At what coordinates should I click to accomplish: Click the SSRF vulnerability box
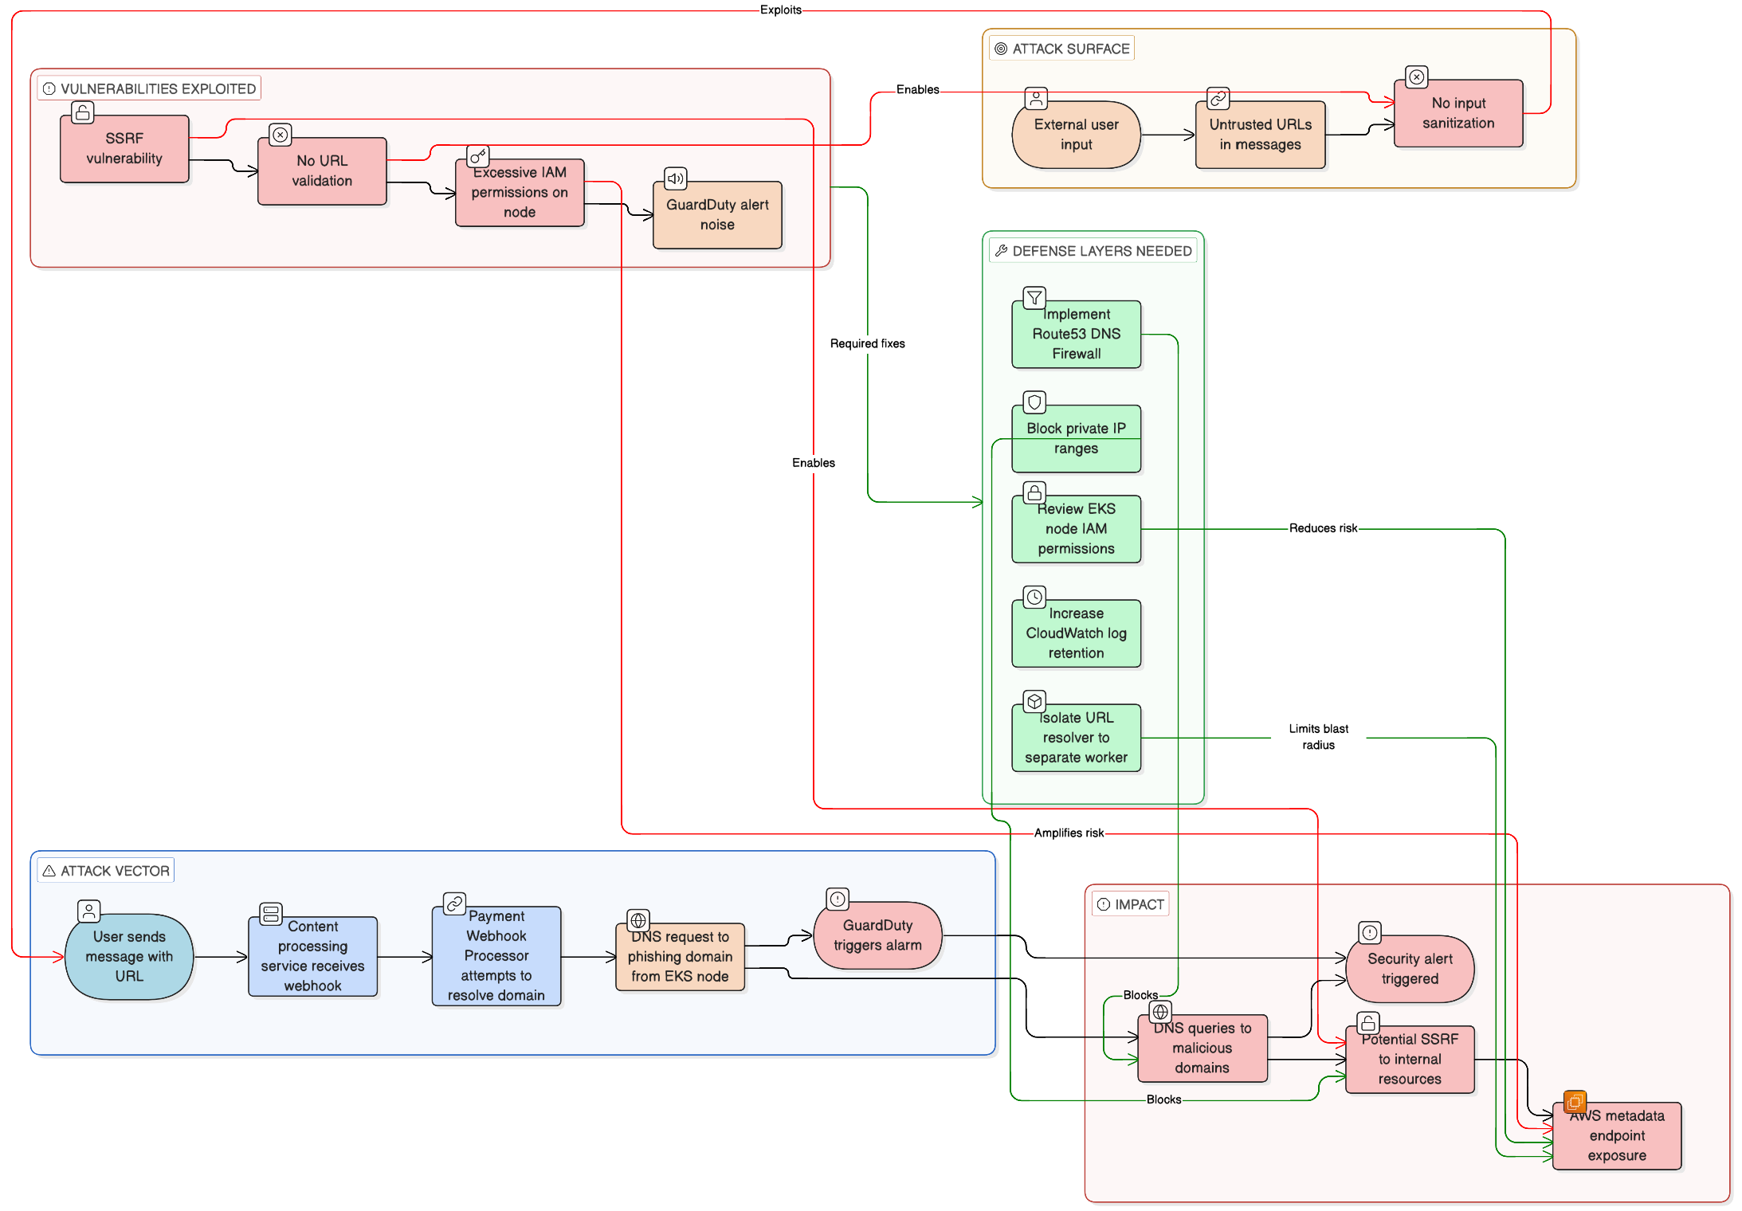coord(124,149)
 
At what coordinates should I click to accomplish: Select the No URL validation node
coord(322,171)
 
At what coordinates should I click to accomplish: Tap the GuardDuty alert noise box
coord(717,215)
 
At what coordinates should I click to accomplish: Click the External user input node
coord(1076,135)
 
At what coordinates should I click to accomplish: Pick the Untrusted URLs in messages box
coord(1260,135)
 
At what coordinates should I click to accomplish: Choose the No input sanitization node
coord(1458,113)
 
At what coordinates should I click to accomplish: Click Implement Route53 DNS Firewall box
coord(1076,335)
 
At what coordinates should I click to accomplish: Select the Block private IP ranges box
coord(1076,439)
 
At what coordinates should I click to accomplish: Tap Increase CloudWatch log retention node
coord(1076,633)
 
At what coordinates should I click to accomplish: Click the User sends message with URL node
coord(129,956)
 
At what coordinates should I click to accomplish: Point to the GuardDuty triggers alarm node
coord(877,935)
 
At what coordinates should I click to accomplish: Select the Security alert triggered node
coord(1409,969)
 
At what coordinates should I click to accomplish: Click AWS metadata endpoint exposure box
coord(1616,1136)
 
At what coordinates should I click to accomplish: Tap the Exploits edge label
coord(780,10)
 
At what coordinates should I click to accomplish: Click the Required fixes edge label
coord(867,343)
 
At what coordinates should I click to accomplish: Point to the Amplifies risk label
coord(1068,833)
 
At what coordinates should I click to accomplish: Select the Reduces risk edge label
coord(1322,528)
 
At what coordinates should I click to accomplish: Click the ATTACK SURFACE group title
coord(1070,49)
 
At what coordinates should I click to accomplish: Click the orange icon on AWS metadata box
coord(1574,1102)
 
